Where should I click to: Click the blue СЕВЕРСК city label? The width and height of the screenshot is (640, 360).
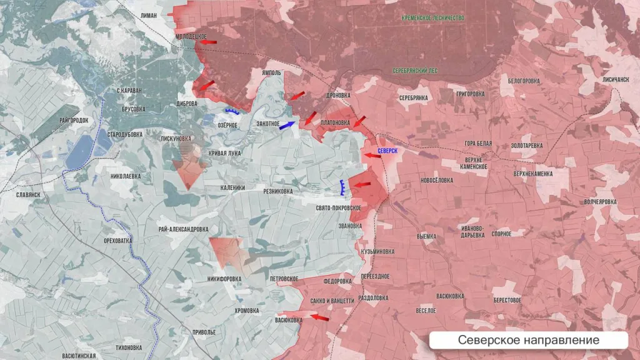click(x=387, y=151)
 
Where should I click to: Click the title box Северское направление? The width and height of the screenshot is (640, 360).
click(x=528, y=340)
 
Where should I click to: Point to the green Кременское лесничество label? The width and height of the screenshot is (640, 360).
click(x=433, y=18)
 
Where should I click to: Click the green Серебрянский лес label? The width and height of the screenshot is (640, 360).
click(x=415, y=71)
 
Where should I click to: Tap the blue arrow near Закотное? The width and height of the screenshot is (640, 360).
click(x=287, y=125)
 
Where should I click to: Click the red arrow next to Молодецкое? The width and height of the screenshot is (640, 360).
click(x=209, y=42)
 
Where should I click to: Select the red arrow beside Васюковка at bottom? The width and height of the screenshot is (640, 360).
click(x=319, y=318)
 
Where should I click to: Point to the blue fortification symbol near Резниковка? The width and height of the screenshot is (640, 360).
click(x=342, y=187)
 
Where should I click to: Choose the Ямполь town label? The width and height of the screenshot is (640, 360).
click(x=271, y=73)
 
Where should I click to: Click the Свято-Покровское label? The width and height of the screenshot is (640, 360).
click(x=338, y=207)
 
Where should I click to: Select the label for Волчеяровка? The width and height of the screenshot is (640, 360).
click(x=600, y=202)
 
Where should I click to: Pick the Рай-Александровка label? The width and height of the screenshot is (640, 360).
click(x=184, y=229)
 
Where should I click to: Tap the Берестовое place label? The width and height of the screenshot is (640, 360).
click(x=507, y=300)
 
